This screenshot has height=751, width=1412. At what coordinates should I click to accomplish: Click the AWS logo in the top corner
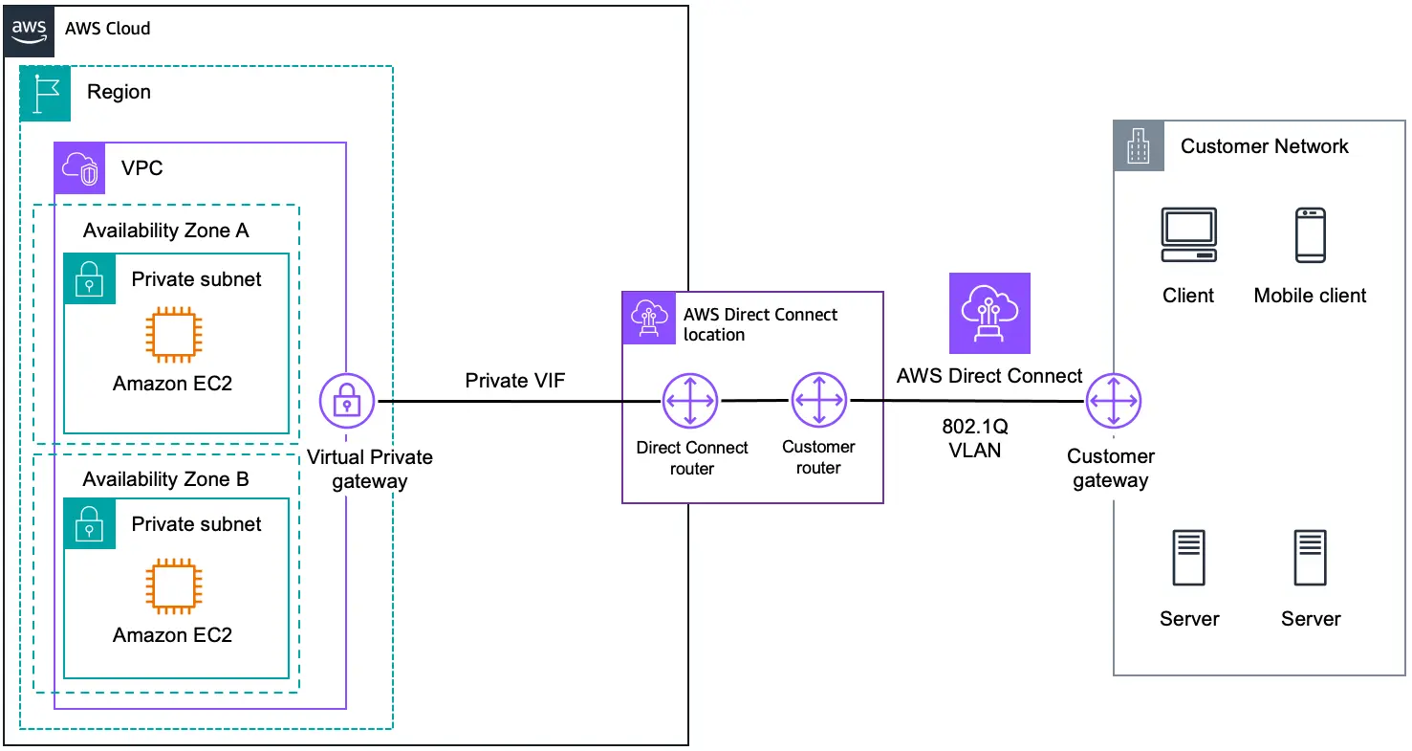[30, 28]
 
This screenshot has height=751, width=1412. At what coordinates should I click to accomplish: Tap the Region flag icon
[46, 92]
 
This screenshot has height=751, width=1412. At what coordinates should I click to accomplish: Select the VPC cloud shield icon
[79, 168]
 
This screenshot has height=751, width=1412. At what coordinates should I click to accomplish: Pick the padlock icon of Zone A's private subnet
[89, 278]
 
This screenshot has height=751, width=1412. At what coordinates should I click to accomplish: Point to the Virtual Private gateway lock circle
[346, 402]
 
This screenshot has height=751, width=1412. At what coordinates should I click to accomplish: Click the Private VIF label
[514, 381]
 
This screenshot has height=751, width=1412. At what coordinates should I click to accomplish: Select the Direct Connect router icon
[690, 401]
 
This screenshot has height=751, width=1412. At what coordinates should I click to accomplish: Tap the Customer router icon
[818, 401]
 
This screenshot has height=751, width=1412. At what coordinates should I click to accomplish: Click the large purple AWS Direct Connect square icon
[989, 313]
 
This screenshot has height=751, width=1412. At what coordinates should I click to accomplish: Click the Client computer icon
[1188, 235]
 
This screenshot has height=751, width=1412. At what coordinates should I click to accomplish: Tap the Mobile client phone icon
[1310, 235]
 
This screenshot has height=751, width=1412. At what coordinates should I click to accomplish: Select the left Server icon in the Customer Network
[1188, 559]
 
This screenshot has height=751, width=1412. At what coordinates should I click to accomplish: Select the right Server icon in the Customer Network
[1310, 559]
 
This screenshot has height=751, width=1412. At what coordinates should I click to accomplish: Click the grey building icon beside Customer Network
[1139, 146]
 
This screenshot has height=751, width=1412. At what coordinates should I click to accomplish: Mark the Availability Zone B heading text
[165, 479]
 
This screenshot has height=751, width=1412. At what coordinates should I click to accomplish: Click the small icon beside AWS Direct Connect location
[648, 318]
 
